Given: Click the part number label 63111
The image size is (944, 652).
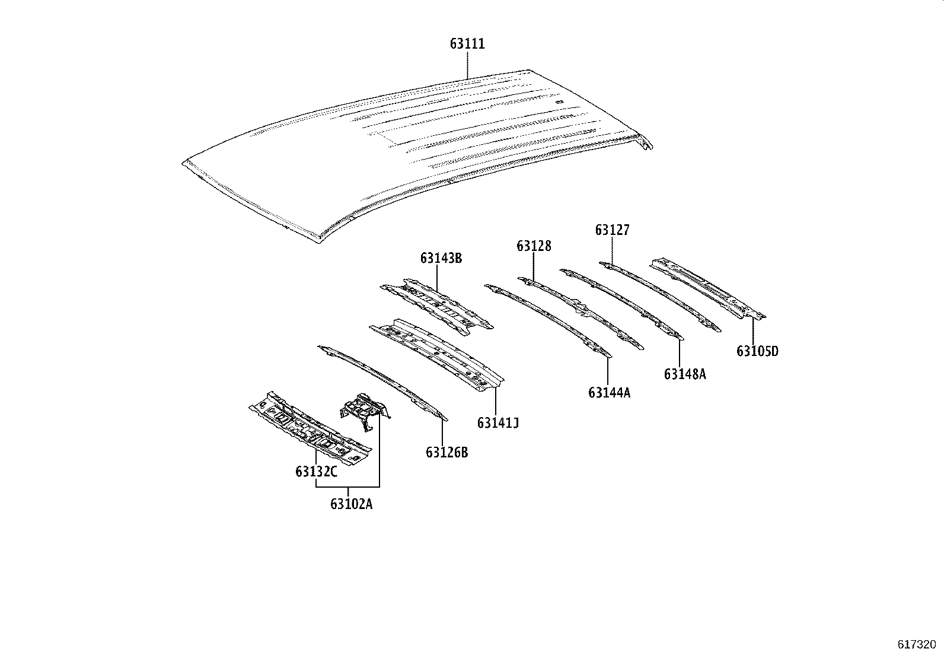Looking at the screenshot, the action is [467, 44].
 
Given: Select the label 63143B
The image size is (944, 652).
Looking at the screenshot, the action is [441, 258].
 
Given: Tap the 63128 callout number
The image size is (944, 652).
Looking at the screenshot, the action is [534, 246].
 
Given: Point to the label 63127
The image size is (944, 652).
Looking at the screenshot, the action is [613, 230].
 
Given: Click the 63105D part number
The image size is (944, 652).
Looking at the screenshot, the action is [758, 351].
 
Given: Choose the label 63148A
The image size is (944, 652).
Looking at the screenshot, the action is [685, 374].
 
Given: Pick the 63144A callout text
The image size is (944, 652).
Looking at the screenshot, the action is [610, 393].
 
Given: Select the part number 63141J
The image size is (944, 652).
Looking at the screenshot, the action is [497, 422].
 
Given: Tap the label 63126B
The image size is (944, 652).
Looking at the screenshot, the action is [447, 453].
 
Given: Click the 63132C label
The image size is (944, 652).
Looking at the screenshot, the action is [317, 472].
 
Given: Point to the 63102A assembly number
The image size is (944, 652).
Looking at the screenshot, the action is [352, 504].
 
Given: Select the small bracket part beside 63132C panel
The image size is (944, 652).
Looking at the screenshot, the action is [365, 411].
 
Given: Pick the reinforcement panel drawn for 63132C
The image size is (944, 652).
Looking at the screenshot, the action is [310, 428].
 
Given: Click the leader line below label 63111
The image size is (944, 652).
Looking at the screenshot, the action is [467, 65].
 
